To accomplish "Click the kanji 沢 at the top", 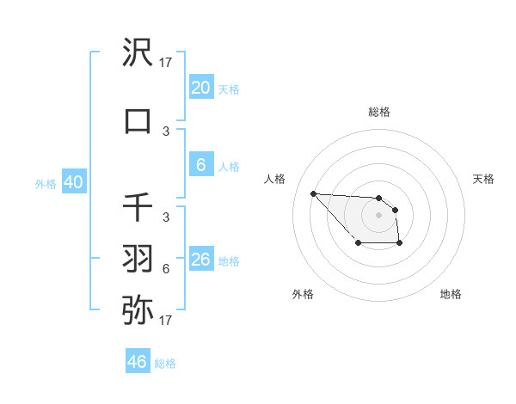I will tap(138, 53).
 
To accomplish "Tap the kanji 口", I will tap(138, 120).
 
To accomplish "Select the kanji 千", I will tap(138, 207).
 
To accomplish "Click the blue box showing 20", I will tap(200, 88).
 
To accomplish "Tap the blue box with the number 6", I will tap(200, 166).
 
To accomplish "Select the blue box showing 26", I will tap(200, 260).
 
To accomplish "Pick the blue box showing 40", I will tap(73, 182).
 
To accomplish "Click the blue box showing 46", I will tap(137, 361).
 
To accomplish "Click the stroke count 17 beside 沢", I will tap(166, 63).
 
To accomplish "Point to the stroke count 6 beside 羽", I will tap(166, 268).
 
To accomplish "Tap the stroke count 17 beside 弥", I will tap(166, 321).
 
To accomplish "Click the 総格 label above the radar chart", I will tap(378, 112).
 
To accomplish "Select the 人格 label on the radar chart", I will tap(275, 179).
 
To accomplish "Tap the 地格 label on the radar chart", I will tap(451, 294).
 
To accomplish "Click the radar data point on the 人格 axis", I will tap(313, 193).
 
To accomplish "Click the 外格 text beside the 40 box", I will tap(46, 183).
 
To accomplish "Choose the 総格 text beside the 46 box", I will tap(165, 364).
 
